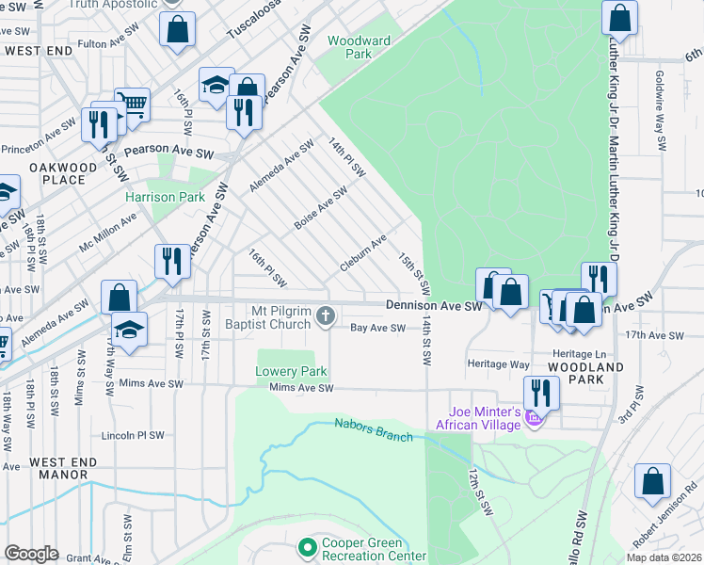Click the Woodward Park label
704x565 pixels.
tap(359, 47)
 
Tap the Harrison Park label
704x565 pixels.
tap(166, 198)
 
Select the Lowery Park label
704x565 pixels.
tap(292, 371)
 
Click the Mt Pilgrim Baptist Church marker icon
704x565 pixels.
tap(326, 316)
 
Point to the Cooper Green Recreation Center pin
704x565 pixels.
tap(306, 547)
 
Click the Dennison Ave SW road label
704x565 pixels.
tap(434, 305)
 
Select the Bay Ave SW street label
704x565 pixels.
tap(377, 328)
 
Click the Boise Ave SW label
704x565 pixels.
tap(320, 204)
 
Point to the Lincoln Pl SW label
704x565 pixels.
tap(133, 435)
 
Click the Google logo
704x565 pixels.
tap(31, 554)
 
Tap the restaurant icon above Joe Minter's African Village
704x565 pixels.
tap(540, 392)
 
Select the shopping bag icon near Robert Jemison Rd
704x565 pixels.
tap(652, 480)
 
